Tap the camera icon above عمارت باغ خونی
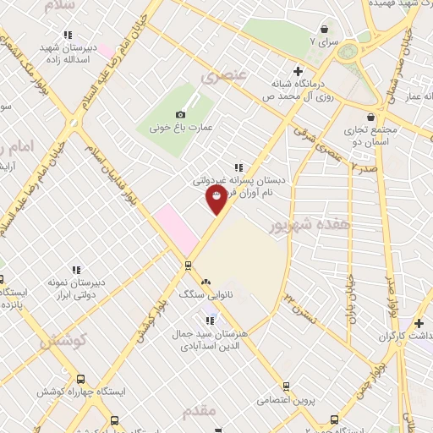click(179, 114)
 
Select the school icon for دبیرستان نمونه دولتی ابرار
click(77, 271)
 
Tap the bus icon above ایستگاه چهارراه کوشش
click(81, 379)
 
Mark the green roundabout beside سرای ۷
click(348, 51)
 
